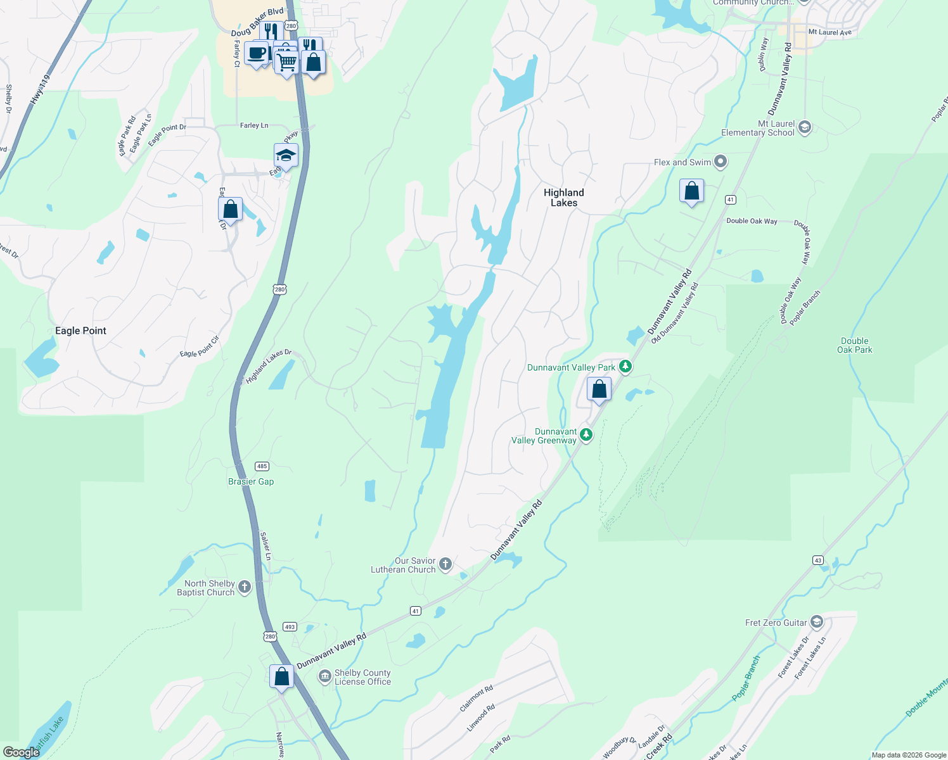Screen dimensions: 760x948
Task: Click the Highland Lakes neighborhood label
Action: (x=563, y=198)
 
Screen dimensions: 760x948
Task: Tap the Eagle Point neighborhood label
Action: (x=80, y=331)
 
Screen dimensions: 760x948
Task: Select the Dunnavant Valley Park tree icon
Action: (x=625, y=367)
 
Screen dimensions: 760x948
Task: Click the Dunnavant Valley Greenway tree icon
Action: (x=586, y=434)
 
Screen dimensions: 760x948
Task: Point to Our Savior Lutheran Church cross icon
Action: (x=445, y=564)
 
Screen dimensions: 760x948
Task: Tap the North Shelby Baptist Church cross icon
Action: (x=245, y=587)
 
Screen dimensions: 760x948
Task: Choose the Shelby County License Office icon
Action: (x=325, y=677)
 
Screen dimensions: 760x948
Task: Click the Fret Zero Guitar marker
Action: (x=817, y=622)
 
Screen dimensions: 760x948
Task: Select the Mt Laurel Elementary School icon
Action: (x=804, y=127)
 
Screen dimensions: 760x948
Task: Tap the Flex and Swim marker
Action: (x=721, y=162)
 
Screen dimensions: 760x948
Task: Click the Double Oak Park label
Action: (x=854, y=345)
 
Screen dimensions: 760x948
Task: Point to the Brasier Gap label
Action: (x=251, y=481)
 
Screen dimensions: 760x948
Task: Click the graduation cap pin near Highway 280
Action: (x=286, y=156)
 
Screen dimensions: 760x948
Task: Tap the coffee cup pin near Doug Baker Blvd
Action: (x=257, y=54)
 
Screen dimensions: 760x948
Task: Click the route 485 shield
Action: (x=262, y=466)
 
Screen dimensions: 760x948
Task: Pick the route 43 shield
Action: (x=818, y=560)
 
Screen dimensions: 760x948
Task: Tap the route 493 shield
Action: (x=290, y=627)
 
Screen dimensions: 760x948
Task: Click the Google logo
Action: (x=22, y=752)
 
